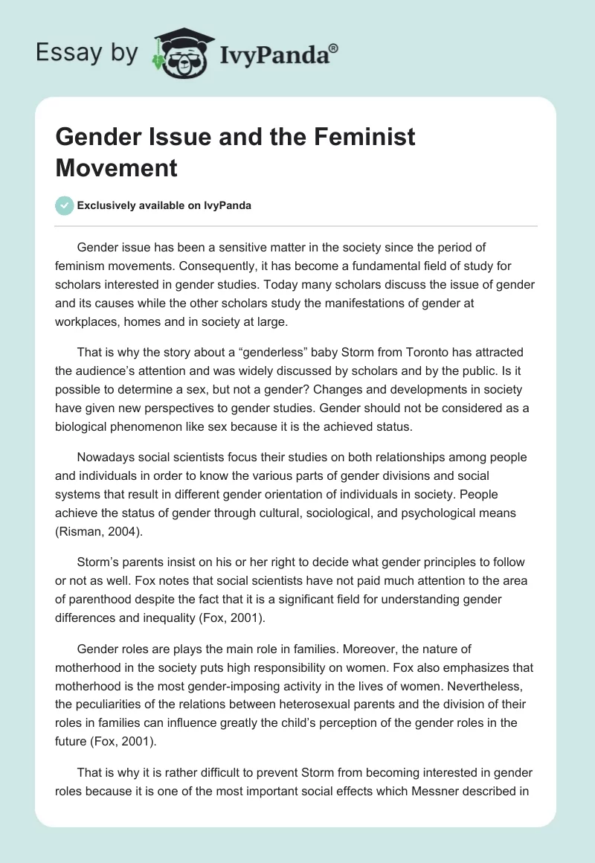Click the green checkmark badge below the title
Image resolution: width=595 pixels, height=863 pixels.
(x=65, y=205)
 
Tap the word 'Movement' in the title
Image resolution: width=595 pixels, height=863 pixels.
(x=117, y=167)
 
